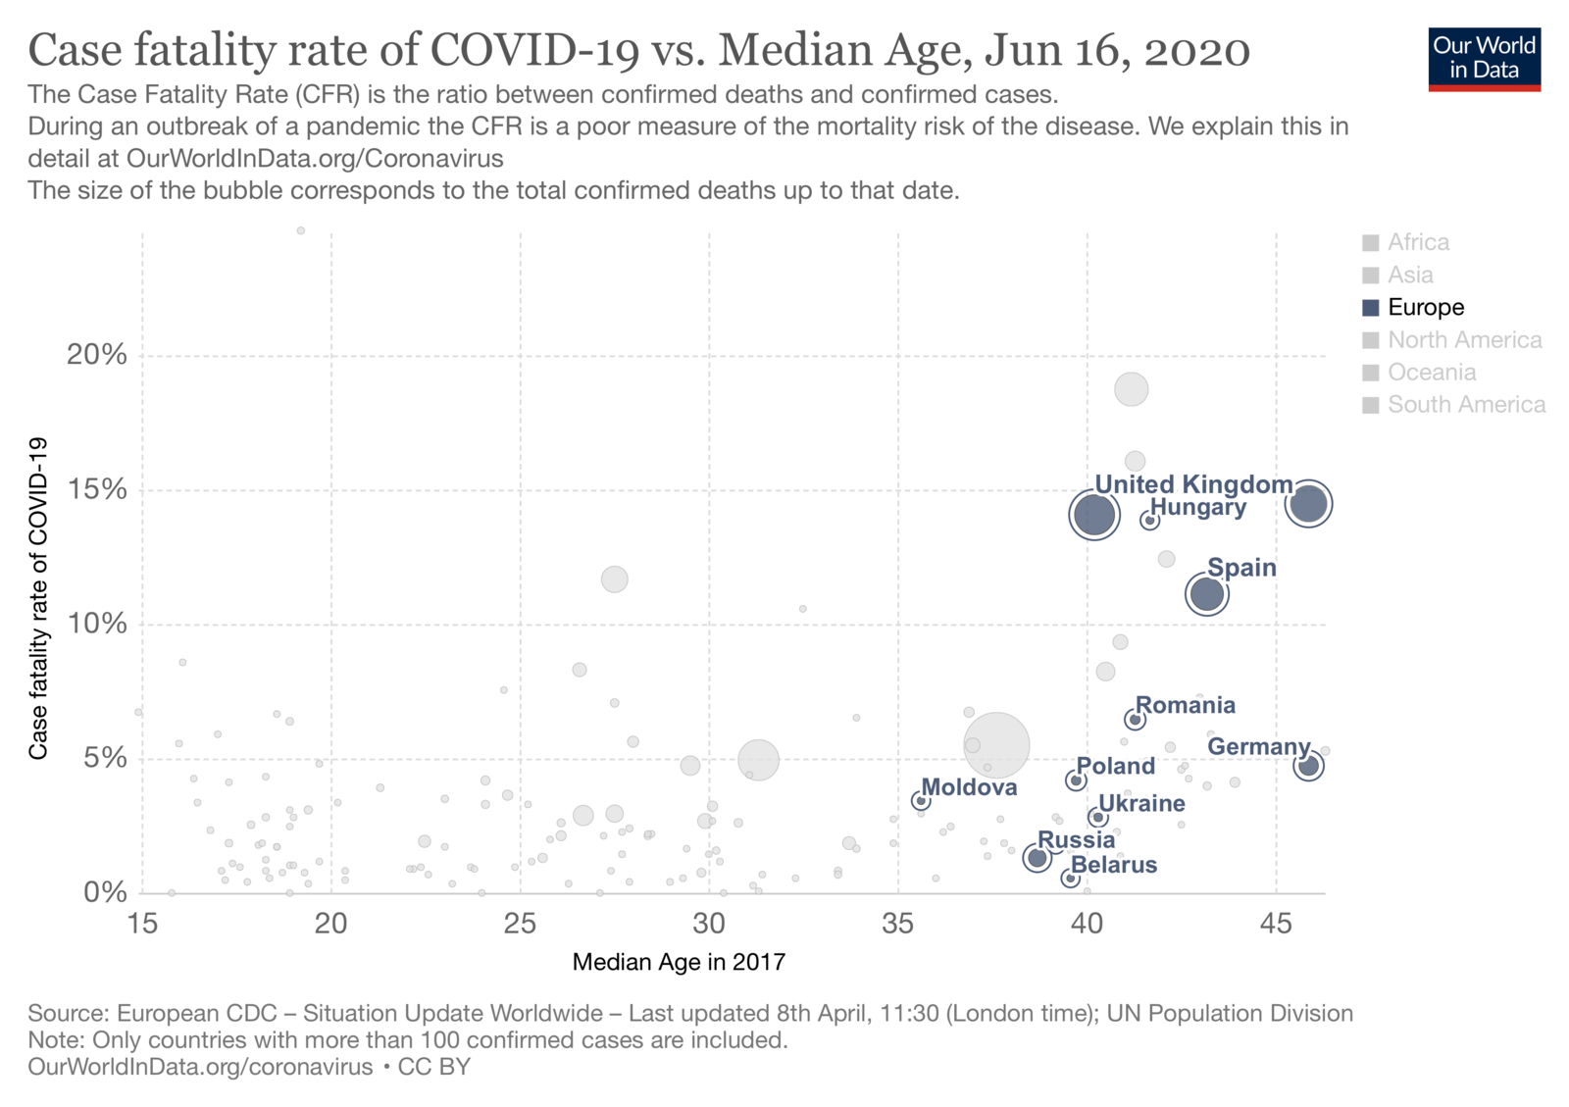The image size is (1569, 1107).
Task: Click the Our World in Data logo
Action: [1484, 59]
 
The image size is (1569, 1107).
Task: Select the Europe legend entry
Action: [1425, 308]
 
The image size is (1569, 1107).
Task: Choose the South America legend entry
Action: [1465, 405]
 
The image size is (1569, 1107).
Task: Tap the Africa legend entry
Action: [1417, 242]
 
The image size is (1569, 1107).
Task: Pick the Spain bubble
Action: [1207, 594]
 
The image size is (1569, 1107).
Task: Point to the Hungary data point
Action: [1150, 521]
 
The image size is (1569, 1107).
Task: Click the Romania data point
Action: [1136, 720]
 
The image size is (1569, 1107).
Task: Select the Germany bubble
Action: [1308, 766]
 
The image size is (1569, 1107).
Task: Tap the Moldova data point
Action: [921, 801]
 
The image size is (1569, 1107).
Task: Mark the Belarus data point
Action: [1071, 879]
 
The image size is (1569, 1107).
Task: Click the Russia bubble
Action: [1038, 858]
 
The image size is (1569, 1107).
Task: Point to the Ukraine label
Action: [1141, 804]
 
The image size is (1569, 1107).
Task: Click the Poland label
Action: [1116, 767]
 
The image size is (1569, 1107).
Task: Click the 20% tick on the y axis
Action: [97, 355]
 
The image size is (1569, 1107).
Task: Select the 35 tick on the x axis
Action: [898, 925]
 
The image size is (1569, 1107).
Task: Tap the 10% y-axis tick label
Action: [97, 625]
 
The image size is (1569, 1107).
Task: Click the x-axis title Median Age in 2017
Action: [679, 963]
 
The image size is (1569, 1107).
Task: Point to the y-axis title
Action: [38, 598]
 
